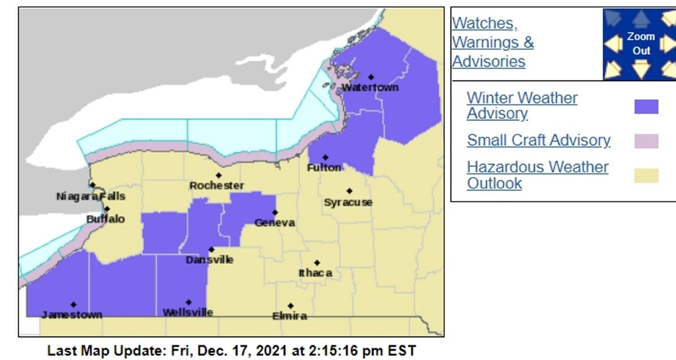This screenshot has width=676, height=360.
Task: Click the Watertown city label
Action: pyautogui.click(x=370, y=87)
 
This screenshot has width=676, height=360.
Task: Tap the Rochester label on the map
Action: pyautogui.click(x=216, y=185)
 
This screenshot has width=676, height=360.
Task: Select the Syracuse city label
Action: pyautogui.click(x=348, y=202)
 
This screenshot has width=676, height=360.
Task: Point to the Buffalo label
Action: pyautogui.click(x=105, y=219)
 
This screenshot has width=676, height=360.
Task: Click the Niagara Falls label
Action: pyautogui.click(x=91, y=196)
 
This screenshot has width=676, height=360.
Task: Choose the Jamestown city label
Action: pyautogui.click(x=72, y=314)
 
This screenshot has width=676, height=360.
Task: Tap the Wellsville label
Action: pyautogui.click(x=188, y=312)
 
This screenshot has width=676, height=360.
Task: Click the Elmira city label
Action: pyautogui.click(x=290, y=316)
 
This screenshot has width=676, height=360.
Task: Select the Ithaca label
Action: pyautogui.click(x=315, y=273)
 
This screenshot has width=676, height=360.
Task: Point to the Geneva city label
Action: pyautogui.click(x=274, y=223)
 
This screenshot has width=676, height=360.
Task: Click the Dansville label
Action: pyautogui.click(x=210, y=260)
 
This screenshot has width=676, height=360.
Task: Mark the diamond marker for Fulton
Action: pyautogui.click(x=325, y=157)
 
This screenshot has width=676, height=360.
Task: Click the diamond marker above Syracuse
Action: pyautogui.click(x=349, y=191)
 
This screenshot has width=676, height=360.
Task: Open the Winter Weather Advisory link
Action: pyautogui.click(x=522, y=105)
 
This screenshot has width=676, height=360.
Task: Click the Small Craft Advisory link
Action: pyautogui.click(x=538, y=140)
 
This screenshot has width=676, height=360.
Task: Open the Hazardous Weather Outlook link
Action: pyautogui.click(x=537, y=175)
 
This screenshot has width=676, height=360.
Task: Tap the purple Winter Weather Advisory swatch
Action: pyautogui.click(x=646, y=106)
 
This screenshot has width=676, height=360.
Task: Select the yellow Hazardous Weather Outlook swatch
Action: pyautogui.click(x=646, y=176)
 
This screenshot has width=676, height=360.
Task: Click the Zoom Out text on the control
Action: pyautogui.click(x=641, y=43)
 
